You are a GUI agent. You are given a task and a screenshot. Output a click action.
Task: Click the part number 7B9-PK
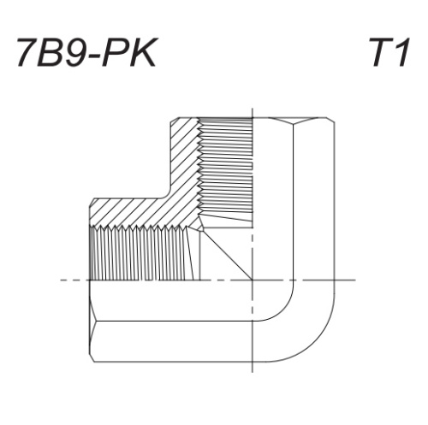[86, 53]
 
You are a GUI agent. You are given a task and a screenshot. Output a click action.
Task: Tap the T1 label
[389, 53]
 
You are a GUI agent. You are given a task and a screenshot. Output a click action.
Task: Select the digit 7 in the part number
[27, 53]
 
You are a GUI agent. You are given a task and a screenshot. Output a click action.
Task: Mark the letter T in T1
[380, 53]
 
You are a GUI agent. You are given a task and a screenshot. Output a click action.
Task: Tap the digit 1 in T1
[402, 53]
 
